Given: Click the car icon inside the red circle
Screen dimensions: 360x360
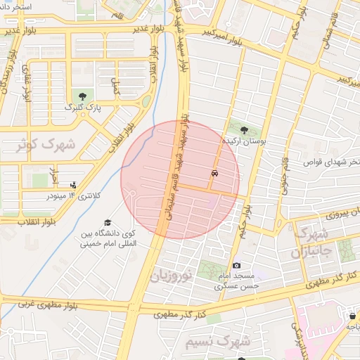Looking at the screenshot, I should coord(214,173).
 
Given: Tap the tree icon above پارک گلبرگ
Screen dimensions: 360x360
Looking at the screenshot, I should coord(83,95).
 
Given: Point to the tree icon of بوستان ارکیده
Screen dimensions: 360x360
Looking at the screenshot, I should coord(244,130).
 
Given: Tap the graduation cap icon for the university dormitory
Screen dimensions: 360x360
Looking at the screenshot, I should coord(107,222).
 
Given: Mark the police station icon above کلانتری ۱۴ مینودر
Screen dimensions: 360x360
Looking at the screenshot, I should coord(73,185).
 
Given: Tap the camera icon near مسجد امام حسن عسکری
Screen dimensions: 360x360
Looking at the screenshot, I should coord(237,265).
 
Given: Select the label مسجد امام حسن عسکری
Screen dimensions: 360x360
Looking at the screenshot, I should coord(238,281).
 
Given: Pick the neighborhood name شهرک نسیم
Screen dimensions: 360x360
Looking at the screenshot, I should coord(217,342).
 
